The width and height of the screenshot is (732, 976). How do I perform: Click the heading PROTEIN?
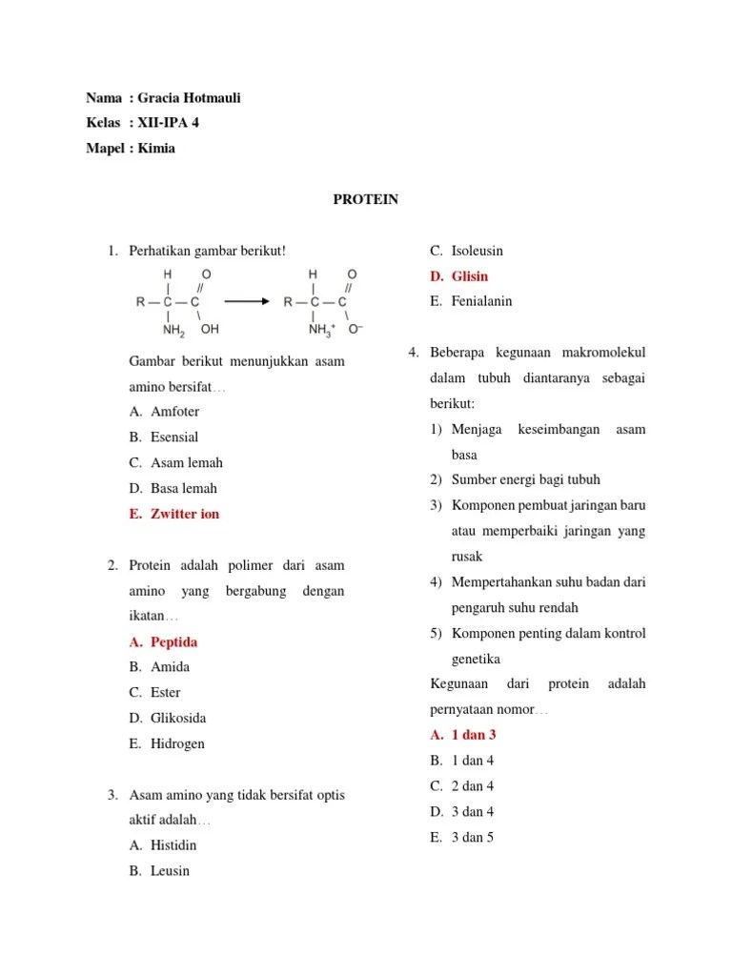coord(365,199)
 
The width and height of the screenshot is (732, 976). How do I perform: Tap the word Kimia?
coord(156,148)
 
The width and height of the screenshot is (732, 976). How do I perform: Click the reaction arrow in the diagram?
coord(247,301)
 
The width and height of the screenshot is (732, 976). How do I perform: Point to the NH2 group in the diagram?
coord(174,330)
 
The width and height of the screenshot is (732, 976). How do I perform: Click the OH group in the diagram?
coord(210,329)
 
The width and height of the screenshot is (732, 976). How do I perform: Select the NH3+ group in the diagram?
coord(322,330)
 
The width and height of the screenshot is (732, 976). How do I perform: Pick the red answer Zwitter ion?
coord(185,514)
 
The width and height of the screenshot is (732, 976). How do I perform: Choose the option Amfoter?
coord(174,412)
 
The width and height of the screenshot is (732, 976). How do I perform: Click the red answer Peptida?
coord(173,642)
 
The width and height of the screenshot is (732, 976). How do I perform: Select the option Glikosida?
coord(178,718)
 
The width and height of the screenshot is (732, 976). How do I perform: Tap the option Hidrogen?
coord(177,743)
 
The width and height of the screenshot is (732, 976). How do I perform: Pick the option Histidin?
coord(173,844)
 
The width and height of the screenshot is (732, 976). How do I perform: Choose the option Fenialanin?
coord(481,301)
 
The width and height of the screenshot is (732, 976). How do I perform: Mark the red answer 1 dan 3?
coord(474,735)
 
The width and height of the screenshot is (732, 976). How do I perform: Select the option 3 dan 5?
coord(473,838)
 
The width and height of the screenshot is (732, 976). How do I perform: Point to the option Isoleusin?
coord(478,251)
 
